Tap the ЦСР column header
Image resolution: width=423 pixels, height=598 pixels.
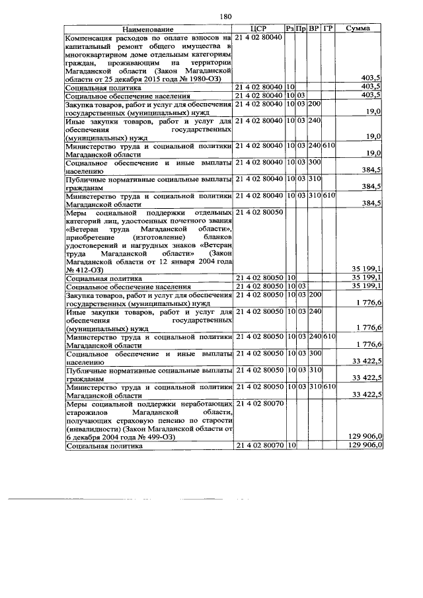(258, 30)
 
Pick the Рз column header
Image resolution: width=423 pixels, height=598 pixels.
(290, 30)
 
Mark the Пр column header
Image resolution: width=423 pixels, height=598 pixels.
(301, 30)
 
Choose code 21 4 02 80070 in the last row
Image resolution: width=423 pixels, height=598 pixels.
(259, 445)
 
